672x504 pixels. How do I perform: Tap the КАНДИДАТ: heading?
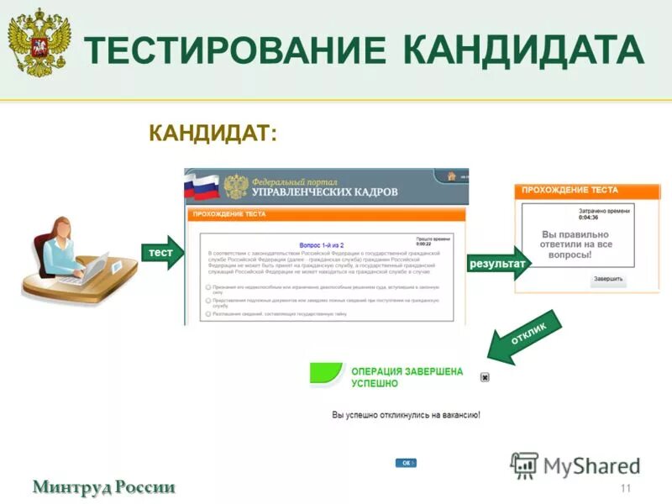click(213, 134)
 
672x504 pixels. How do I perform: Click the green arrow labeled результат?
click(498, 264)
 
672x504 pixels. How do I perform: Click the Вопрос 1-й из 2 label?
click(321, 243)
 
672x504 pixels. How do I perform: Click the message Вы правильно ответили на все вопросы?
click(576, 244)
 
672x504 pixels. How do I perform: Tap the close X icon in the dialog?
click(485, 377)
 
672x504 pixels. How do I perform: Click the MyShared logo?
click(575, 465)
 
